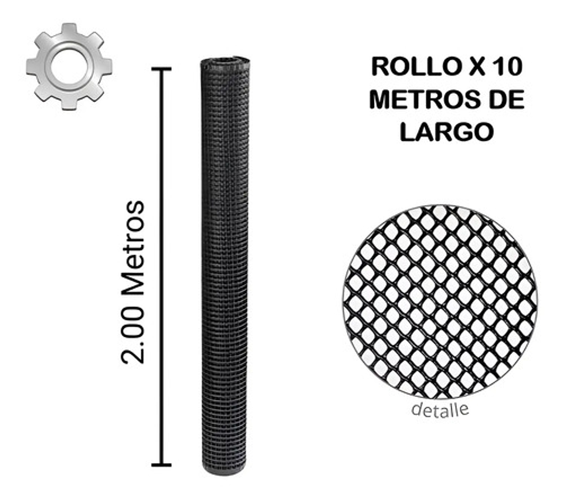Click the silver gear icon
69,66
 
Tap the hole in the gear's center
69,65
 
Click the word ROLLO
412,67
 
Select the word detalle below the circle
440,409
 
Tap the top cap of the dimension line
161,69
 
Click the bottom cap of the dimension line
161,465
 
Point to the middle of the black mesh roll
225,264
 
